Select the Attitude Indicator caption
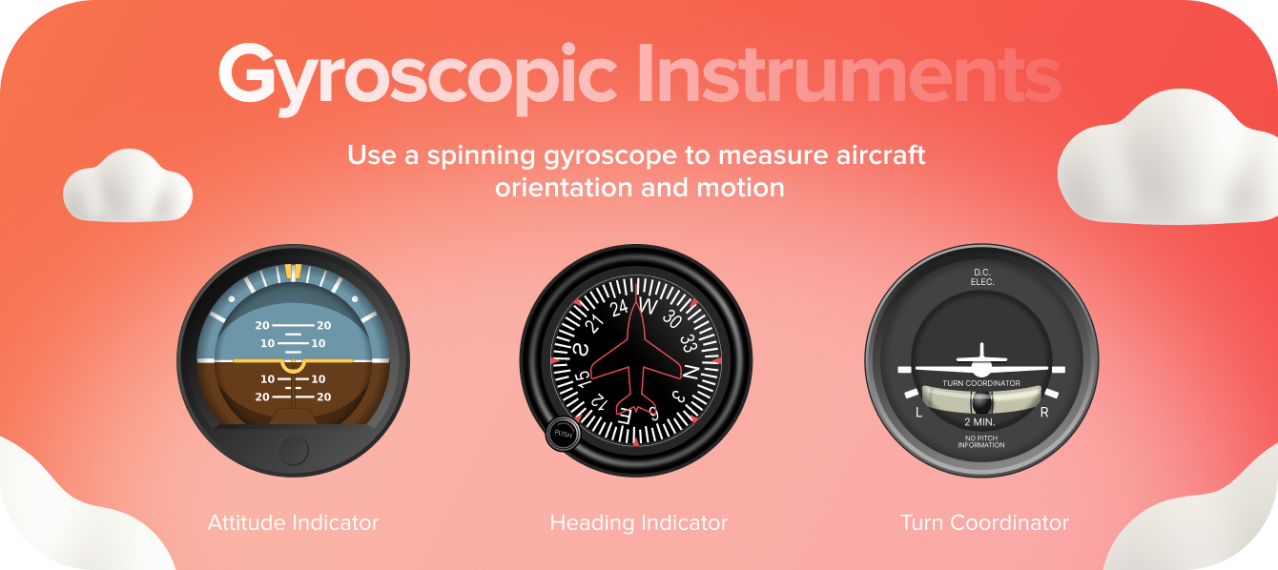[293, 523]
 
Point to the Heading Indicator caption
[638, 523]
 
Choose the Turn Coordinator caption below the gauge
[984, 523]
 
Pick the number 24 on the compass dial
[619, 307]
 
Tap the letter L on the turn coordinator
[918, 413]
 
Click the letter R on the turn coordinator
[1044, 413]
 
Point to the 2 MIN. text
[980, 421]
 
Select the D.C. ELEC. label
[981, 277]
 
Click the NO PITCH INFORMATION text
[980, 442]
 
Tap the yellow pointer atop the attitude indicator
[293, 272]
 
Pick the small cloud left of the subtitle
[127, 186]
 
